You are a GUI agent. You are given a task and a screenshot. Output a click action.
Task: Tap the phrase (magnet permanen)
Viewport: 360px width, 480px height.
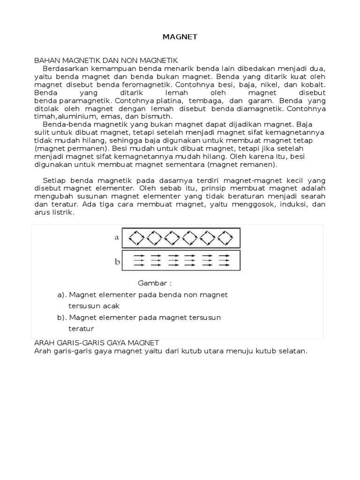(x=65, y=149)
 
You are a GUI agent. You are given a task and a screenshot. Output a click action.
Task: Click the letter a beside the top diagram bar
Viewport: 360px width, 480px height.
(x=117, y=237)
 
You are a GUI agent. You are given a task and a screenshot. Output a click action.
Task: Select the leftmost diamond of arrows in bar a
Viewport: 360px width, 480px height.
(x=137, y=238)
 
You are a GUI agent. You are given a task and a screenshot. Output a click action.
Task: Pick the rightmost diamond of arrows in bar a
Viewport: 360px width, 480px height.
(x=225, y=238)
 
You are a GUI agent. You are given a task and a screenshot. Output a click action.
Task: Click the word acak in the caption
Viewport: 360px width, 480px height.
(x=112, y=306)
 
